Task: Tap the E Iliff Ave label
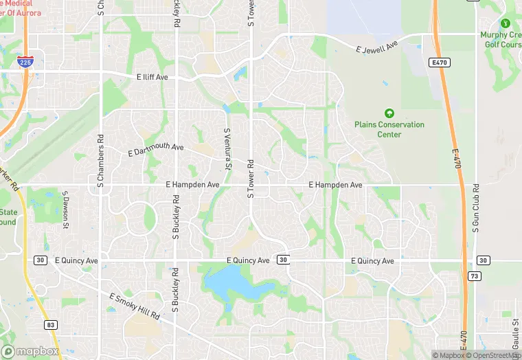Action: click(152, 77)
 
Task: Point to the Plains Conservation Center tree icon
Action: click(389, 113)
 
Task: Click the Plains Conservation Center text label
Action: click(389, 130)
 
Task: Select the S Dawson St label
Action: click(66, 210)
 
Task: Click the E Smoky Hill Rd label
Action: click(135, 306)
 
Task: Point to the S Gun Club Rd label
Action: click(475, 208)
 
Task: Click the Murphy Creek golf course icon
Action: click(506, 24)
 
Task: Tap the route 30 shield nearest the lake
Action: click(283, 260)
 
